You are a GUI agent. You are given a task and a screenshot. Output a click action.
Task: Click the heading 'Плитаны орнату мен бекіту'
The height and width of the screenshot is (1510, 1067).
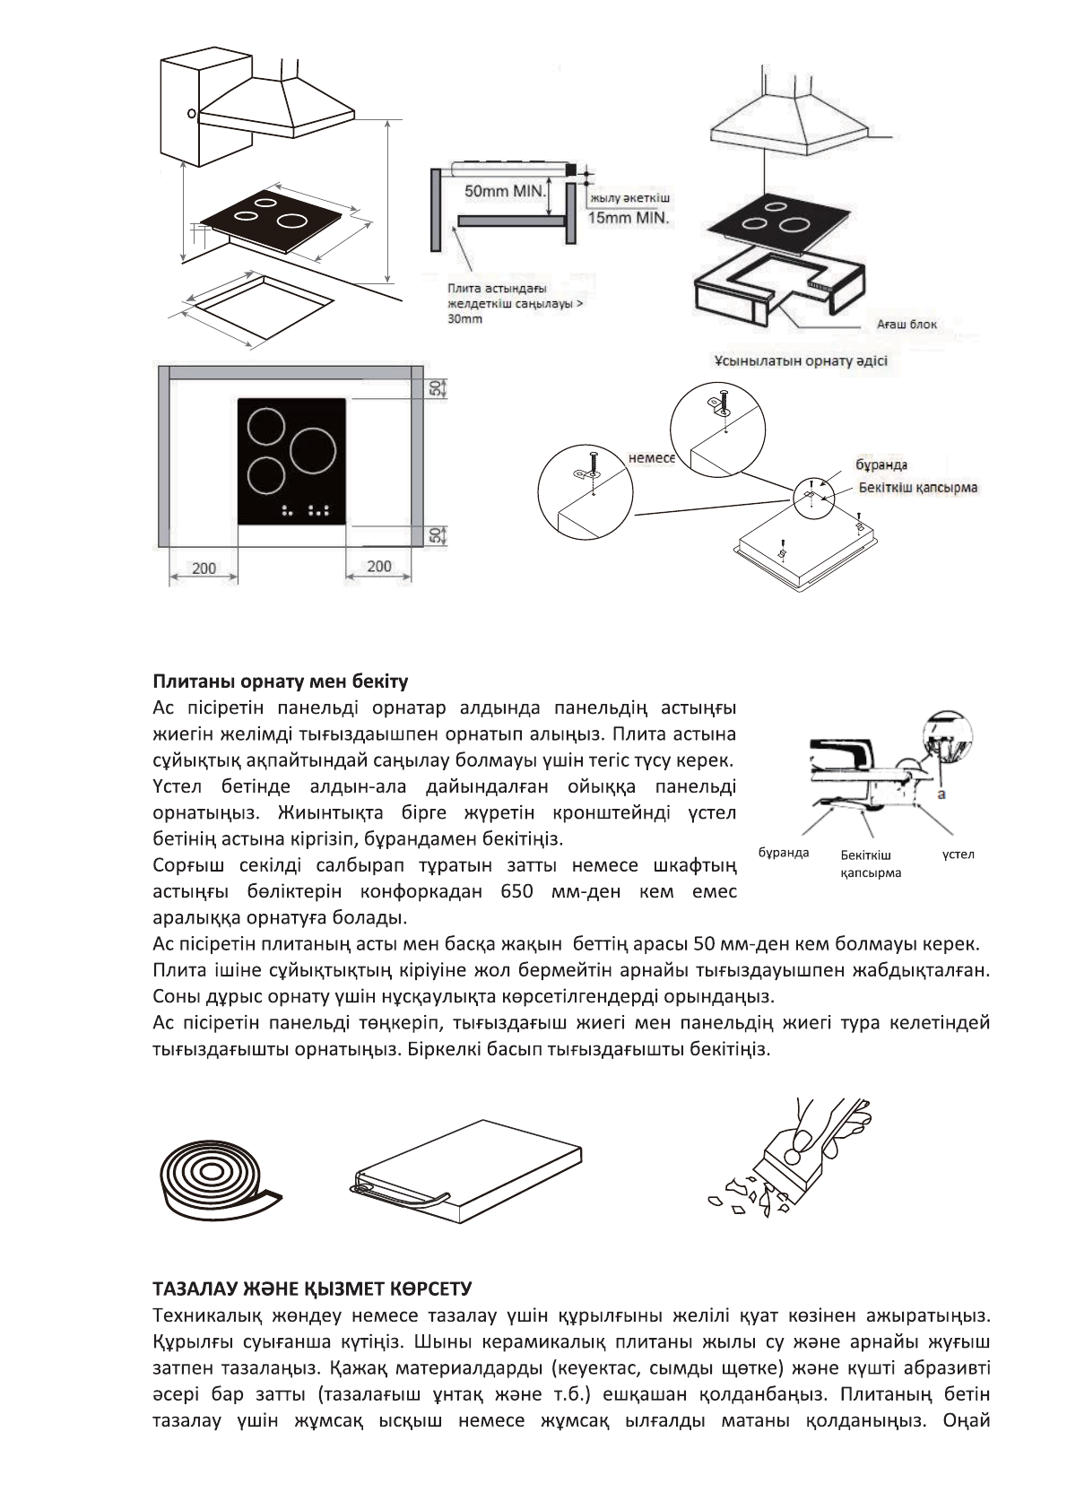280,681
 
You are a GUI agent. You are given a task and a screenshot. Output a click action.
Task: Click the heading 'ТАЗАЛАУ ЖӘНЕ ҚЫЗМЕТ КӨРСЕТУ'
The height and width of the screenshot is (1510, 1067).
312,1289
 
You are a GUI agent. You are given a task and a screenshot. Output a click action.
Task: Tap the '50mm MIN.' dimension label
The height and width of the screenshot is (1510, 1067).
505,191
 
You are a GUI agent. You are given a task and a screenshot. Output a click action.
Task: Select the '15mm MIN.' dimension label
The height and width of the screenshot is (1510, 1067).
629,217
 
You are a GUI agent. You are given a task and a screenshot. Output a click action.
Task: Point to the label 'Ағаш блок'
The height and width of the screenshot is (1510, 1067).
907,324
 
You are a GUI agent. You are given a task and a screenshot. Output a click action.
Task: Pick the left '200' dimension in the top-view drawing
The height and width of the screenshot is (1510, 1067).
204,568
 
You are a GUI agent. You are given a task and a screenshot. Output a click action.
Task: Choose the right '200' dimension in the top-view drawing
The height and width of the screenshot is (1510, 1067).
379,566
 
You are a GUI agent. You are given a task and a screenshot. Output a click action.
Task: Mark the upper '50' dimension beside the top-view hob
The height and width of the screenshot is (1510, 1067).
435,387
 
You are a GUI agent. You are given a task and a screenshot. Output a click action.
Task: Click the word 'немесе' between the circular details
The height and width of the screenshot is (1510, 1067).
651,457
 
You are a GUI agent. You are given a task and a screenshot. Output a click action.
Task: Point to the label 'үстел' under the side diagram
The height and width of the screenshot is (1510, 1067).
958,854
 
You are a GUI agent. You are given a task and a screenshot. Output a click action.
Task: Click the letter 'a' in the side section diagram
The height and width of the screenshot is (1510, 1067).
943,794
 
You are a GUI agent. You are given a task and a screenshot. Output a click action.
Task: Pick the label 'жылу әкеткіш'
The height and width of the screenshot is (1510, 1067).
630,197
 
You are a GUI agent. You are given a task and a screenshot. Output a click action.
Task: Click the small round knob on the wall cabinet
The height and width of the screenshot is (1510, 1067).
191,114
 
